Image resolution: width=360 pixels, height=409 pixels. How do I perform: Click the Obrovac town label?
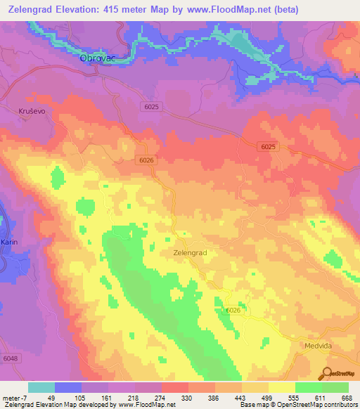[x=96, y=59]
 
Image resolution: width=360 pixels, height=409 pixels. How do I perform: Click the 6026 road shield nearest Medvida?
[x=233, y=310]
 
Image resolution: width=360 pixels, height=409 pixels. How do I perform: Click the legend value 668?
[x=345, y=397]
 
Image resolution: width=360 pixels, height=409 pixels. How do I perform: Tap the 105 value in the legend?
[x=67, y=397]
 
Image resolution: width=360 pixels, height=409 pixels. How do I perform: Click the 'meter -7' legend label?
[x=14, y=397]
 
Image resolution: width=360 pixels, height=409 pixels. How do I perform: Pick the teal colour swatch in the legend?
[x=41, y=387]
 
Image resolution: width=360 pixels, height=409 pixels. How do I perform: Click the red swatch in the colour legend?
[x=174, y=387]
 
